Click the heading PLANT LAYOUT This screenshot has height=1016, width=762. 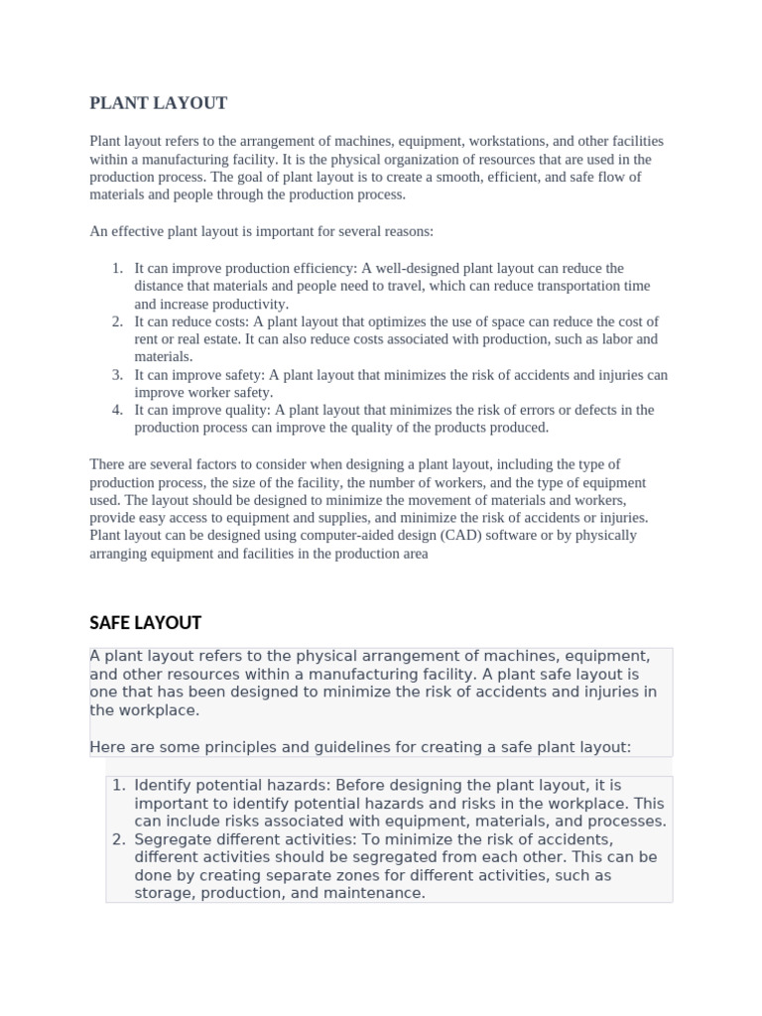point(159,103)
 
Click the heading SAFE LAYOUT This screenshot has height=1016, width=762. point(145,623)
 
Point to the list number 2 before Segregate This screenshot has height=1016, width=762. point(117,840)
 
